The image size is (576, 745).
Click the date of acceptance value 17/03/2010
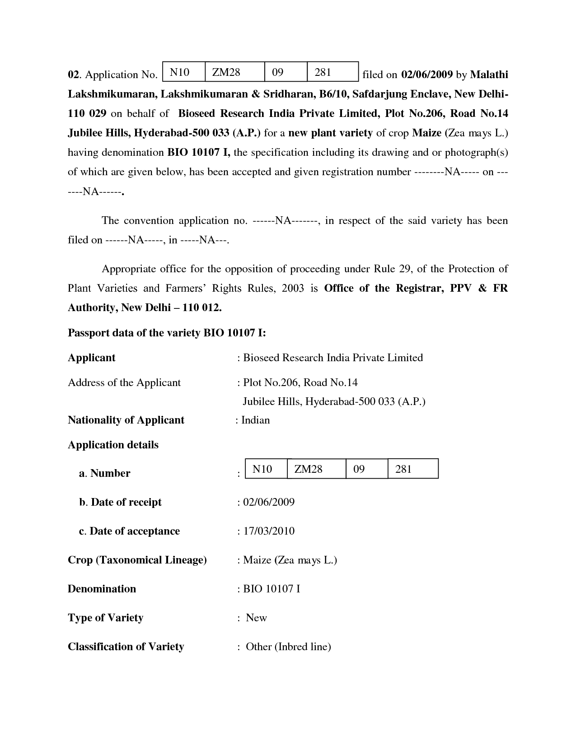[x=269, y=531]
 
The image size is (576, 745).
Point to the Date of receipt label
[x=120, y=502]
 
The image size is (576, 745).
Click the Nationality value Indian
[x=255, y=420]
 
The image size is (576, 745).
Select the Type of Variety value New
[x=256, y=618]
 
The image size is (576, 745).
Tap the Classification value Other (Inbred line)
[x=288, y=647]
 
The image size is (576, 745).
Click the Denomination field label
[x=102, y=589]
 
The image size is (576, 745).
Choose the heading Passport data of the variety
[x=167, y=333]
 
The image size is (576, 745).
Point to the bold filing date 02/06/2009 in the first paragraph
[x=426, y=74]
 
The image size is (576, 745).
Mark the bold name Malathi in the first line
[x=489, y=74]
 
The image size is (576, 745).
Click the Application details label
[x=113, y=445]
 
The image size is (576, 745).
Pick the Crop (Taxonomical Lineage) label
[x=137, y=560]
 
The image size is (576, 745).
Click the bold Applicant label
[x=91, y=358]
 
